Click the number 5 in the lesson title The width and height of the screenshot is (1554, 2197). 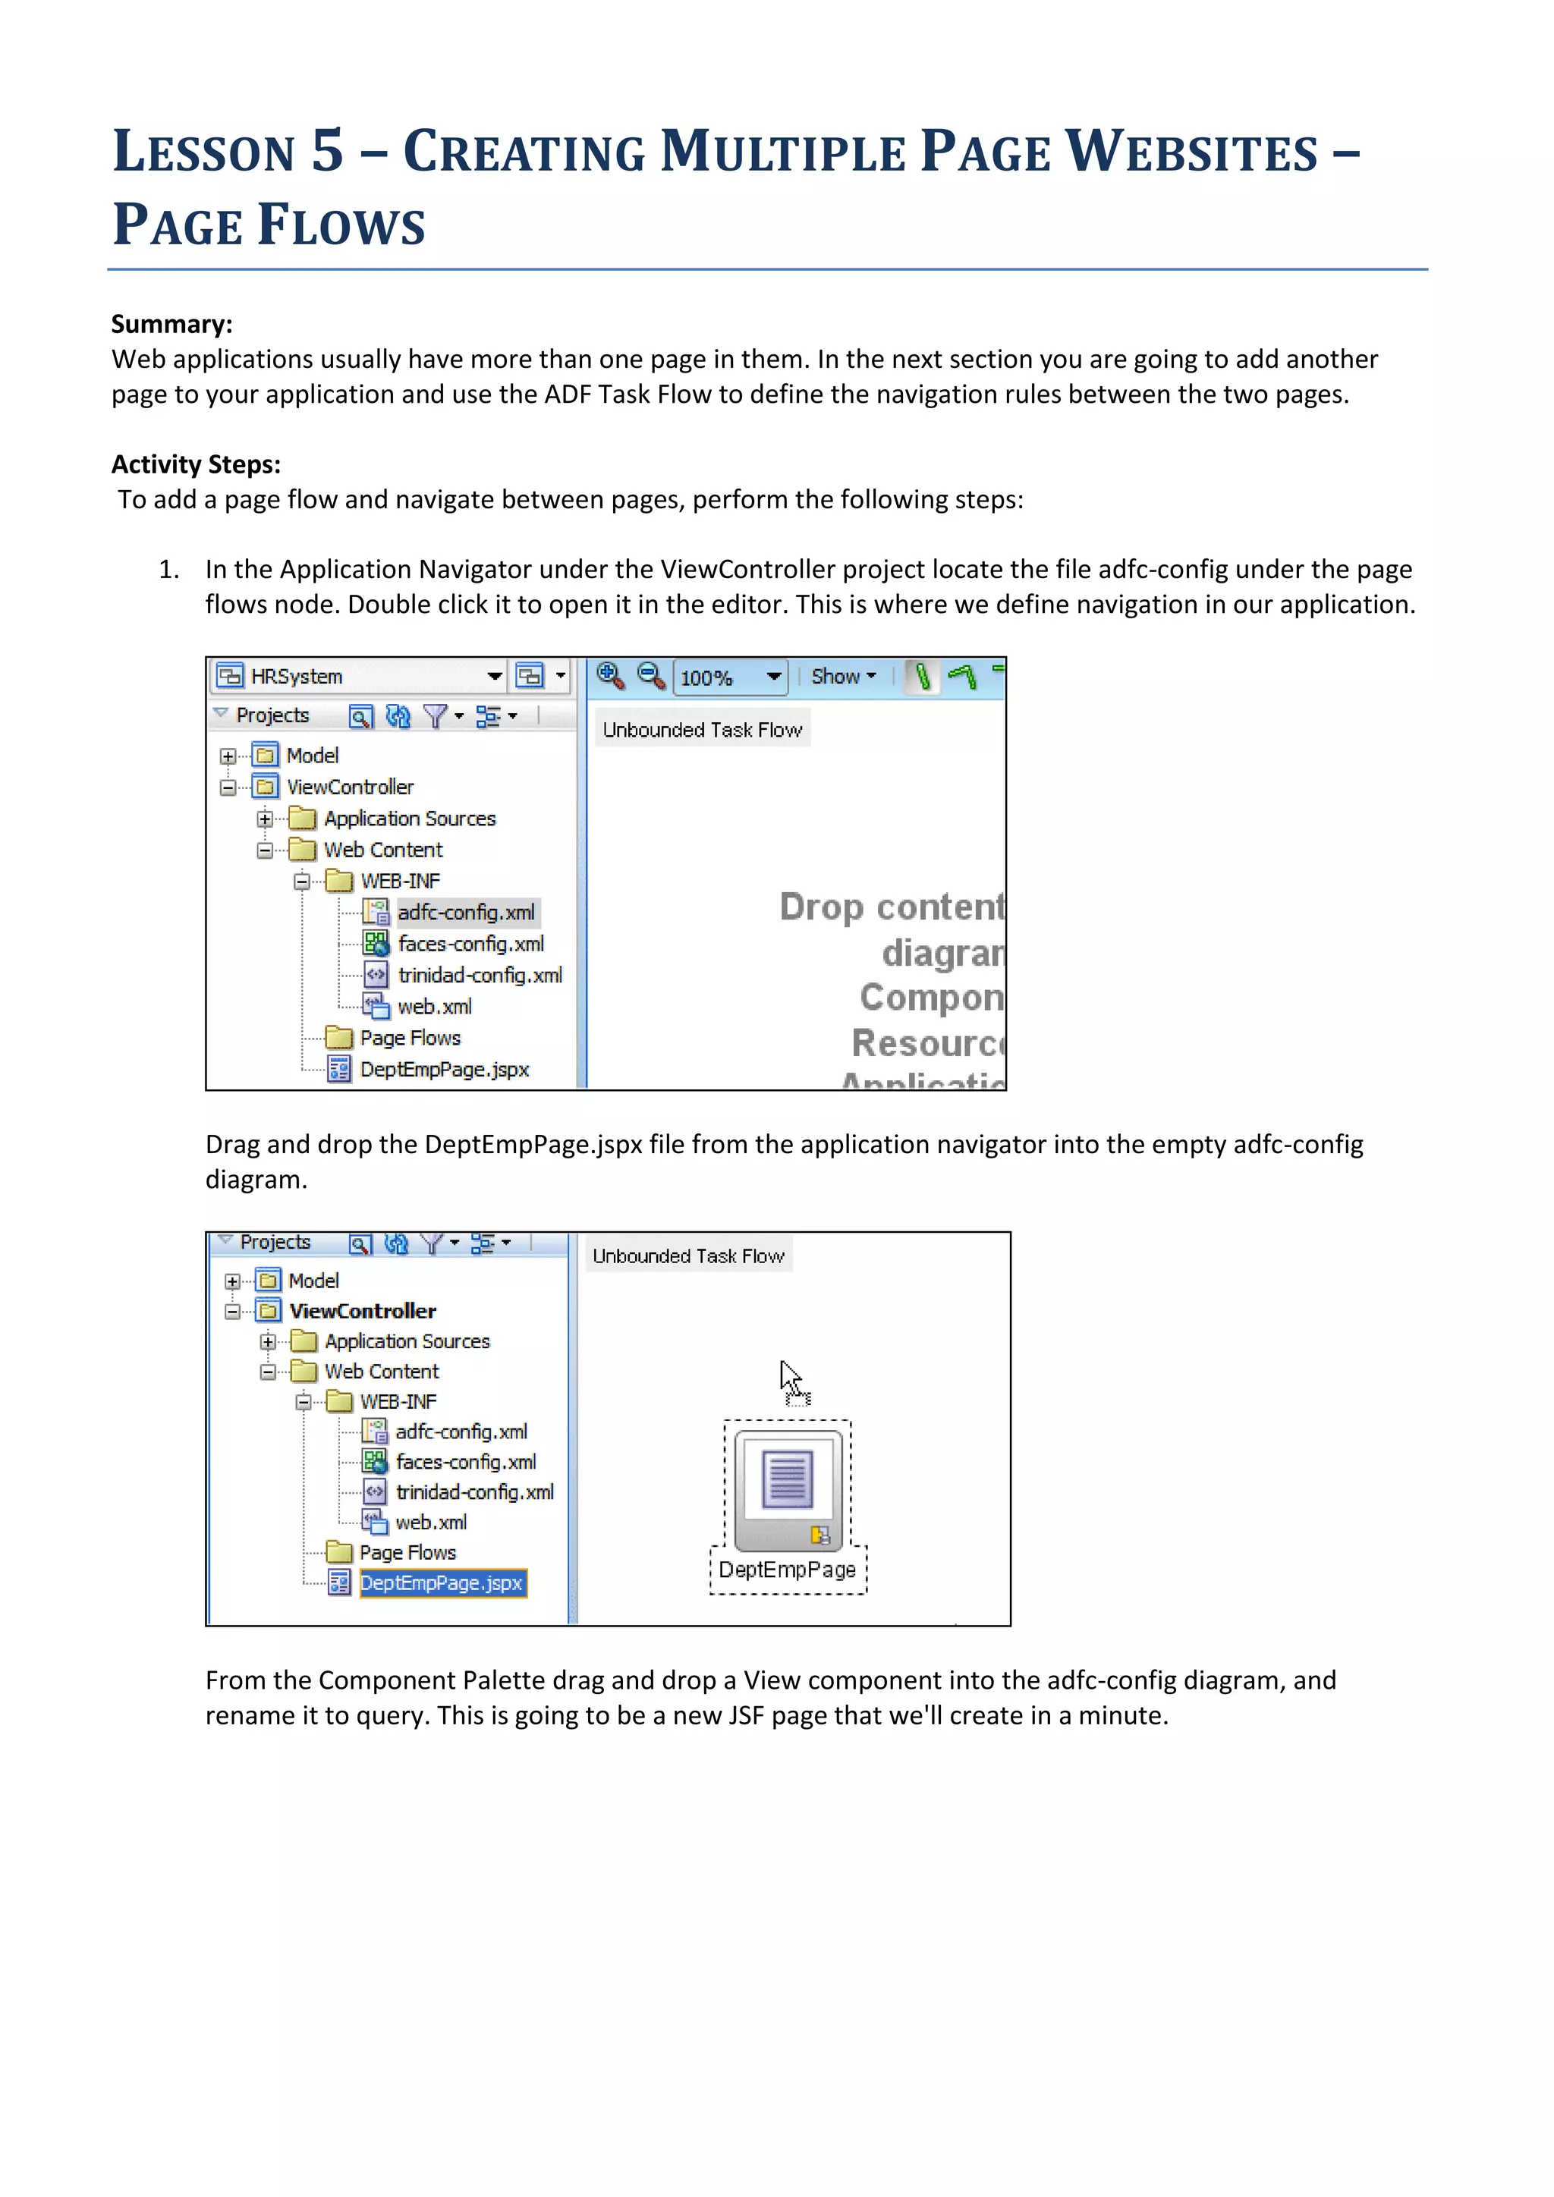coord(326,151)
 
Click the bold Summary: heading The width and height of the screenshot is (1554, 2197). coord(172,325)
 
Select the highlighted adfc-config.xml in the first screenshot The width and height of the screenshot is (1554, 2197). coord(466,913)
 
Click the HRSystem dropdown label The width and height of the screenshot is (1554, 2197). coord(296,677)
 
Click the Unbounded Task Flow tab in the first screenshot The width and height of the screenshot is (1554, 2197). coord(701,730)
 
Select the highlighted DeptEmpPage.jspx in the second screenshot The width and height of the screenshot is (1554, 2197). coord(441,1583)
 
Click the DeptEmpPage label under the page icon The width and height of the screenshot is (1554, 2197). coord(787,1570)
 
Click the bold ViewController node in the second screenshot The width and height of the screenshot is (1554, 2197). coord(363,1311)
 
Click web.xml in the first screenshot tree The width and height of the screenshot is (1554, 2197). coord(435,1007)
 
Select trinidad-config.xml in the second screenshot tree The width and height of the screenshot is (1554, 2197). coord(474,1493)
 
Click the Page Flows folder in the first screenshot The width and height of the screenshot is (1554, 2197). coord(410,1039)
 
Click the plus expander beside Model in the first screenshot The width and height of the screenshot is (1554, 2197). coord(228,756)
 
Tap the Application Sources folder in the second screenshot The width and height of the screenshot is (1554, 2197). coord(407,1341)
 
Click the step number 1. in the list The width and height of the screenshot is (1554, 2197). coord(169,569)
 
